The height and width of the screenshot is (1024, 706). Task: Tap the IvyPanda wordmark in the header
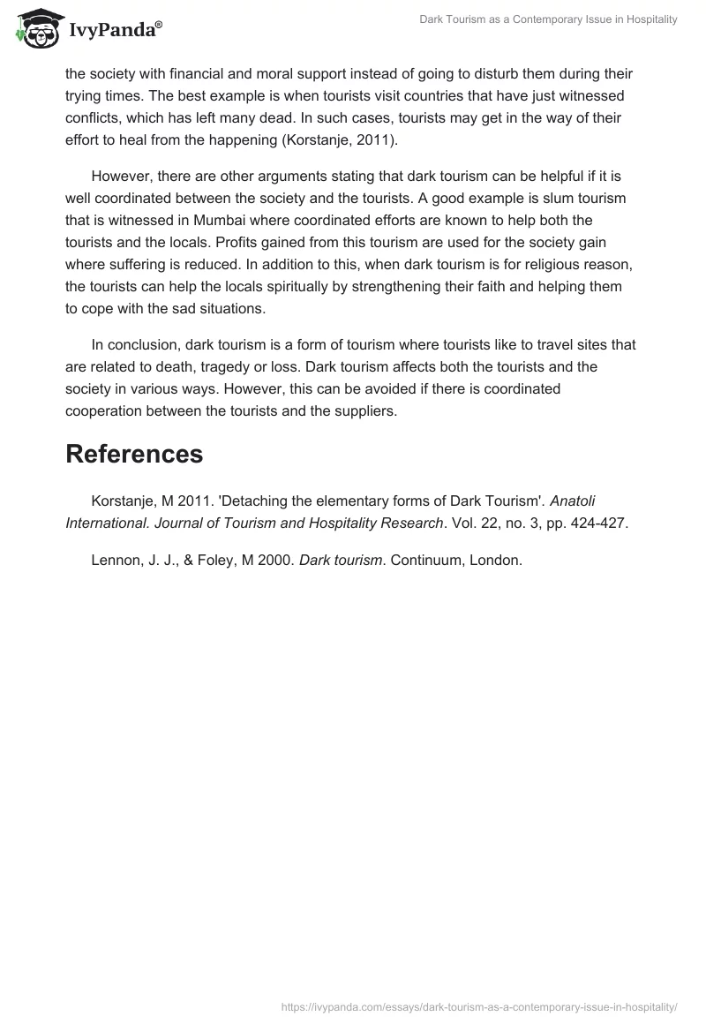pyautogui.click(x=115, y=31)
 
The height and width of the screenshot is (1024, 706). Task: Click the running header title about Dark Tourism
pyautogui.click(x=548, y=20)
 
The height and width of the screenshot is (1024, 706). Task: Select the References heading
pyautogui.click(x=134, y=454)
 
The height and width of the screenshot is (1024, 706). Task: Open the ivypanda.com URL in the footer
pyautogui.click(x=479, y=1005)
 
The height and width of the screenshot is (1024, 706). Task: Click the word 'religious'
pyautogui.click(x=541, y=264)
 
